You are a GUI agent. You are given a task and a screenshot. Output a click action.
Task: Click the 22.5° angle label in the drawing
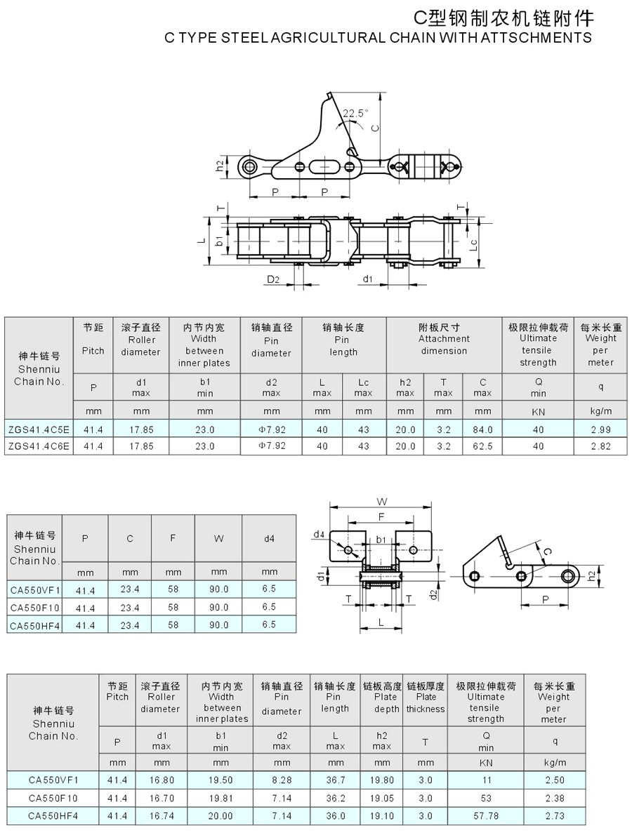pos(355,113)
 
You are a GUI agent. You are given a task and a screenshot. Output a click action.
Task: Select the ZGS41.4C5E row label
pos(39,429)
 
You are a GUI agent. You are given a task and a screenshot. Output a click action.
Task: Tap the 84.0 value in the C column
pos(483,429)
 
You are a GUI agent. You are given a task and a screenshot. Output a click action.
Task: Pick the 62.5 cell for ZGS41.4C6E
pos(483,446)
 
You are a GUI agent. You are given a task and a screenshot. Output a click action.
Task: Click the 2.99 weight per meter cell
pos(600,429)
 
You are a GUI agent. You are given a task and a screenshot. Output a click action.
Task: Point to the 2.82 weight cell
pos(600,446)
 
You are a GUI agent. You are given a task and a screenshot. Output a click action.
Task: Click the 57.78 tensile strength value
pos(486,816)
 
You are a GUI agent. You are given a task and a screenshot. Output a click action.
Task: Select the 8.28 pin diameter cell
pos(282,780)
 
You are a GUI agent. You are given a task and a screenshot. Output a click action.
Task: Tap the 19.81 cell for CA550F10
pos(221,799)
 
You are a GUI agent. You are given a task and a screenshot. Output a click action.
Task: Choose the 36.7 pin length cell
pos(336,780)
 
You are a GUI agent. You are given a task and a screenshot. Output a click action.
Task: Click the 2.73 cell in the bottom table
pos(555,816)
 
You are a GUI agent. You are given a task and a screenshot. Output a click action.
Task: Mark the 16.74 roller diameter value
pos(162,816)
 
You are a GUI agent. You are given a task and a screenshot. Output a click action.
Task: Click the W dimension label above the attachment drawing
pos(382,502)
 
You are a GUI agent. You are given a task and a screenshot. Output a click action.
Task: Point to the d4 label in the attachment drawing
pos(319,534)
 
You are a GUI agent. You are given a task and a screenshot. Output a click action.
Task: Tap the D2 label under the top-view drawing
pos(273,279)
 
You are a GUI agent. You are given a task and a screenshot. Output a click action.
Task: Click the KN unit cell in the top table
pos(538,412)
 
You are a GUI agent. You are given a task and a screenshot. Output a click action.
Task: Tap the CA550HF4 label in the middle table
pos(35,626)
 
